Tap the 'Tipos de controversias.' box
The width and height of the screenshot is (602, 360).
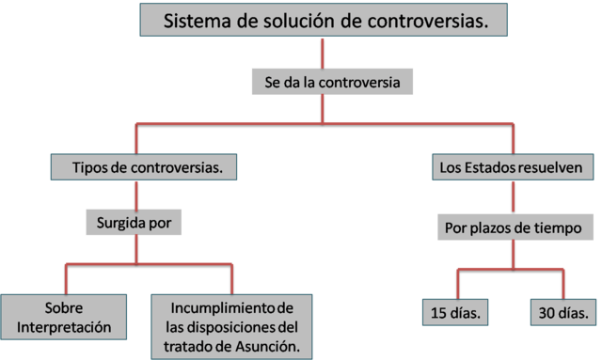(140, 168)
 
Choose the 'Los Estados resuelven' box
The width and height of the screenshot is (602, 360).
(512, 168)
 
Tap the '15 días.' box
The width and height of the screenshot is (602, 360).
(455, 311)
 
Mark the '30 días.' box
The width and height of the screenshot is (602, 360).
(562, 311)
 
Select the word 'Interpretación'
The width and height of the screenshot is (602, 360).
(65, 327)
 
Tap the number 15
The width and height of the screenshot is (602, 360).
(439, 311)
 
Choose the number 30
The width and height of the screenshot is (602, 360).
(547, 311)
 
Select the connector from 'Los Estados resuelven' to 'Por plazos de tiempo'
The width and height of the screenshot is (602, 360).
(514, 196)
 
